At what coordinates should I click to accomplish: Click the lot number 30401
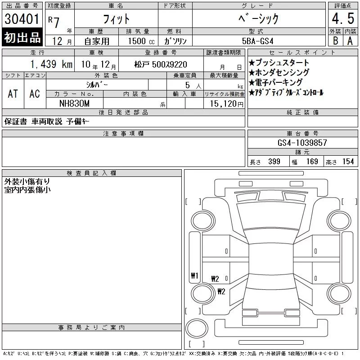click(22, 19)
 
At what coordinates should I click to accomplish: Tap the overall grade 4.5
click(343, 18)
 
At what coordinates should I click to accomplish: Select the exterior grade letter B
click(335, 41)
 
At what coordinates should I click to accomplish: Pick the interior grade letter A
click(350, 41)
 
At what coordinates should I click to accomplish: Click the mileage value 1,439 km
click(51, 64)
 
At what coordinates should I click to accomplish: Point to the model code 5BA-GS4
click(257, 41)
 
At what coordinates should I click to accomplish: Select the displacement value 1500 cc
click(141, 41)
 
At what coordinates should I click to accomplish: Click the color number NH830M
click(74, 103)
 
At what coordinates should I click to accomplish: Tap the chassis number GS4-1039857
click(302, 143)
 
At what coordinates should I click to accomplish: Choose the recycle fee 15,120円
click(227, 104)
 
